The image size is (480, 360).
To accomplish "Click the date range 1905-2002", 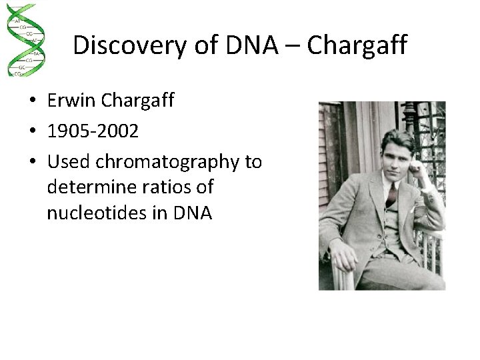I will [x=93, y=131].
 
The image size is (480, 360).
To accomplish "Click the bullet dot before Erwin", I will [x=32, y=101].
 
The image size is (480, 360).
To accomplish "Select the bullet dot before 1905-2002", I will [x=32, y=132].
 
